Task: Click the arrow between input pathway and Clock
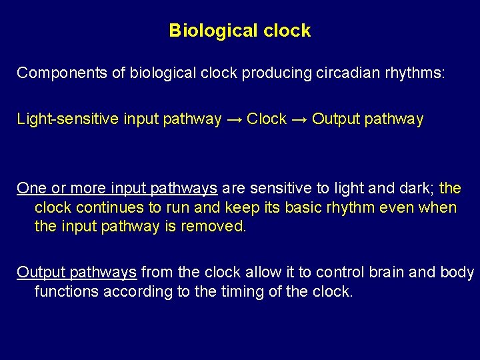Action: coord(234,119)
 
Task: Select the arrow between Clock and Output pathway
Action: coord(299,119)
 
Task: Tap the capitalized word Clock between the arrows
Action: coord(267,119)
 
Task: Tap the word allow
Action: coord(271,272)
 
